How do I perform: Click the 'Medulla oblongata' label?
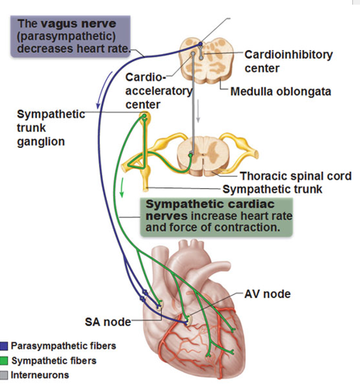[x=280, y=91]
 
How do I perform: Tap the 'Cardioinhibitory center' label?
[x=289, y=61]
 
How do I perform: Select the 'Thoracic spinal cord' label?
[x=296, y=176]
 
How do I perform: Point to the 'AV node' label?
[x=267, y=294]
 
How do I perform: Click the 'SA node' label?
[x=108, y=322]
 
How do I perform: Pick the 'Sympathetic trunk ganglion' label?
[x=51, y=128]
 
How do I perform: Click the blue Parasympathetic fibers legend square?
[x=4, y=346]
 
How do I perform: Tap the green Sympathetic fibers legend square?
[x=4, y=361]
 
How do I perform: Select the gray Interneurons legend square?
[x=4, y=375]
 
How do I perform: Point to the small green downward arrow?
[x=122, y=187]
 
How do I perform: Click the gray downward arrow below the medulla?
[x=198, y=111]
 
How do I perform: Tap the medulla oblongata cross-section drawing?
[x=207, y=60]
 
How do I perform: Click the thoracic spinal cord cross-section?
[x=204, y=156]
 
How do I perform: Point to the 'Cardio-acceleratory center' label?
[x=159, y=91]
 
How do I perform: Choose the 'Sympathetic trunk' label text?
[x=273, y=189]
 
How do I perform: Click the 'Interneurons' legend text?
[x=40, y=375]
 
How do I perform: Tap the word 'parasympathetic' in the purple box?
[x=67, y=36]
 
